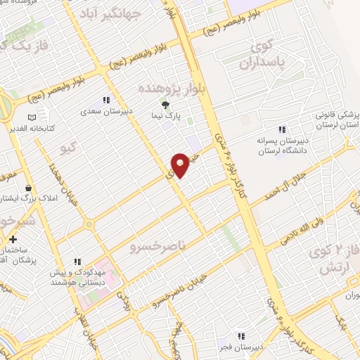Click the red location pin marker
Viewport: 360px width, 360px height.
[181, 164]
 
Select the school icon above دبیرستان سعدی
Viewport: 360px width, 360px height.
[106, 100]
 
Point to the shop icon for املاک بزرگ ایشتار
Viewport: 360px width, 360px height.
[28, 188]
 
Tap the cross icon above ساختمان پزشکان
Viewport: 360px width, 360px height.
[13, 239]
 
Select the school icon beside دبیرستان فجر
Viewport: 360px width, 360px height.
[241, 336]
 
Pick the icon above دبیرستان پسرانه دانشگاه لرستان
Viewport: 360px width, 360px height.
[282, 129]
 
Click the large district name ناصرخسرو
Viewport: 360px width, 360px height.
[156, 247]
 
